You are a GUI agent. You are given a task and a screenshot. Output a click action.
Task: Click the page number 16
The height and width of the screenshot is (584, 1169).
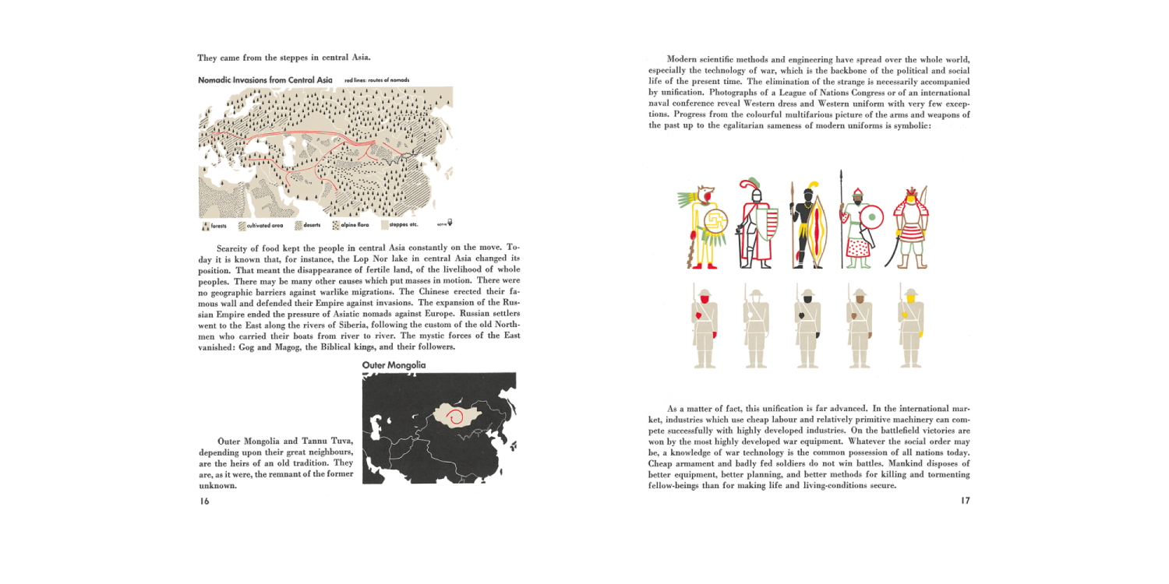coord(204,501)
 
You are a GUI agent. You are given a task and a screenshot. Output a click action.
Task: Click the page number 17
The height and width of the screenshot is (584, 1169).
coord(965,501)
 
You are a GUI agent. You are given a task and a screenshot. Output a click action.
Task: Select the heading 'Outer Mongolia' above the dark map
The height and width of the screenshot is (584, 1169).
coord(394,364)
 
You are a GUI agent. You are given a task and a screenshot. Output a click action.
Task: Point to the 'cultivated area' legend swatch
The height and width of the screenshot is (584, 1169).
coord(242,226)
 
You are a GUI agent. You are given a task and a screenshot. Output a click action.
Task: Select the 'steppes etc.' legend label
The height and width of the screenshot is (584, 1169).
coord(404,225)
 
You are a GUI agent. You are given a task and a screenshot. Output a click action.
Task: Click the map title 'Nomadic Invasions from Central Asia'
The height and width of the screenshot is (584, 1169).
coord(265,80)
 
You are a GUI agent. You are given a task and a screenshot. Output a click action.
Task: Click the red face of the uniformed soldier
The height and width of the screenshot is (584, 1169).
coord(705,299)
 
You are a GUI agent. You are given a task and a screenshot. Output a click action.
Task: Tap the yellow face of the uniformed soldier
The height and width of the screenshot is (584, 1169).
coord(908,299)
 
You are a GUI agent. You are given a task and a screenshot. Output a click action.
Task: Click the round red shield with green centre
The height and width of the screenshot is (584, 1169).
coord(872,217)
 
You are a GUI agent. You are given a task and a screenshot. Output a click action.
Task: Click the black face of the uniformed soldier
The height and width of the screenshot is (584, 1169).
coord(807,299)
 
